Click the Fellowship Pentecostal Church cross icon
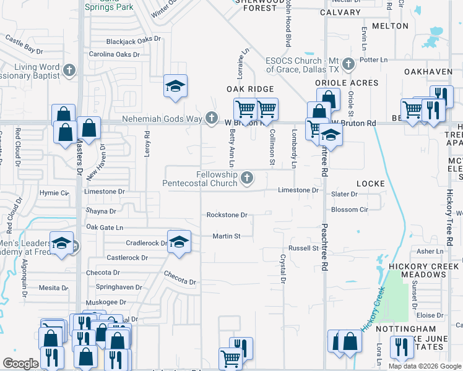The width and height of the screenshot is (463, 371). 248,179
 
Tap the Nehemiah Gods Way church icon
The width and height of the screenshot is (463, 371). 212,117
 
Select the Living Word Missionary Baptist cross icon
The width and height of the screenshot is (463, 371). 69,70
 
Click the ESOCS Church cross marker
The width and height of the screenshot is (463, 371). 348,64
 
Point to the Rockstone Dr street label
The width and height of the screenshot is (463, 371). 227,215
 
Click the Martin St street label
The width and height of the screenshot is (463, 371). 227,236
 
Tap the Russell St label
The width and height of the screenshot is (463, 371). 303,249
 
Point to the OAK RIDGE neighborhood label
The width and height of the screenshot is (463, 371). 250,90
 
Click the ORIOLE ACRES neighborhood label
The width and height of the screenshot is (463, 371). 347,83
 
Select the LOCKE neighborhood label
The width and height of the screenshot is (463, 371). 371,184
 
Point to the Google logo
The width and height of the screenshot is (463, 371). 20,364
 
